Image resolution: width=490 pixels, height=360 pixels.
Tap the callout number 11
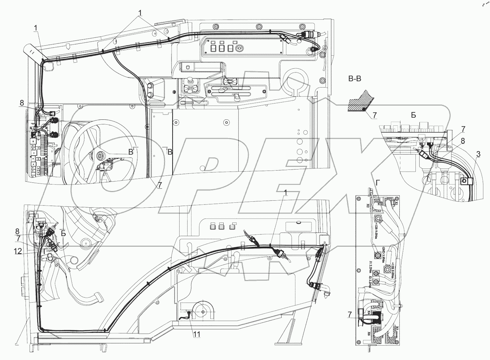[197, 334]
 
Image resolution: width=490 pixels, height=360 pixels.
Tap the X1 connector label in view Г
[397, 203]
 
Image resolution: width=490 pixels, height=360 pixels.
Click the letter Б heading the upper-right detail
[413, 116]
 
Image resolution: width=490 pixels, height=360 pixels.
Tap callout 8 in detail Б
[463, 141]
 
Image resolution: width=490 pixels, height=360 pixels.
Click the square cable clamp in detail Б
[465, 181]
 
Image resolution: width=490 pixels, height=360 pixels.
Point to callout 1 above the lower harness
[287, 193]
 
